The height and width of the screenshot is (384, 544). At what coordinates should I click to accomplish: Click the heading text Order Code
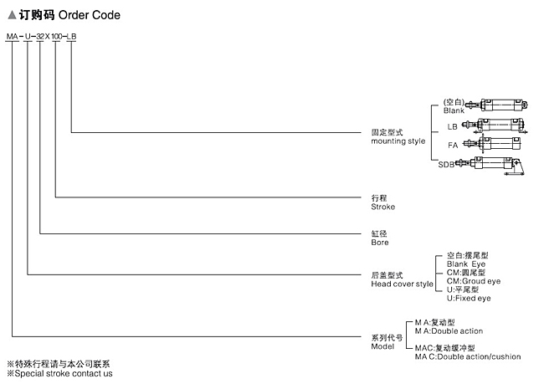pos(90,15)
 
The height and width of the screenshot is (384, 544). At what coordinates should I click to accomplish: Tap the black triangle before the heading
pos(12,15)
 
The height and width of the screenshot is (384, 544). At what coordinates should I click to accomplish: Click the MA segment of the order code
pos(13,37)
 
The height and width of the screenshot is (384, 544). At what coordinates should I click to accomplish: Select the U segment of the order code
pos(28,37)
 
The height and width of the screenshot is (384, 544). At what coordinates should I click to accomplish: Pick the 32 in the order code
pos(40,37)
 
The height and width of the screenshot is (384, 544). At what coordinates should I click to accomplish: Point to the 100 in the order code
pos(57,37)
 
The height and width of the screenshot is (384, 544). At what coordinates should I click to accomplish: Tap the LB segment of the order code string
pos(71,37)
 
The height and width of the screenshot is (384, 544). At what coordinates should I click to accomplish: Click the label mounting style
pos(398,141)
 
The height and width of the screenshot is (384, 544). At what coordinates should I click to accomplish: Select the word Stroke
pos(382,207)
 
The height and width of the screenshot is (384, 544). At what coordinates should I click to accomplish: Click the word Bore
pos(380,243)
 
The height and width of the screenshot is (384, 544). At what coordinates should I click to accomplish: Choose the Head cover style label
pos(402,284)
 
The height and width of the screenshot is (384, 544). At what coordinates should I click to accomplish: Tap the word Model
pos(382,346)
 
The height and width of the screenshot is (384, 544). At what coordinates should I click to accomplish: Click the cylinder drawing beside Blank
pos(496,105)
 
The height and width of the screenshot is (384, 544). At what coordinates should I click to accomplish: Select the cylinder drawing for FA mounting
pos(492,143)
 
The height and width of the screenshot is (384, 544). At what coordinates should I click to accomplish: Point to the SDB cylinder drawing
pos(490,166)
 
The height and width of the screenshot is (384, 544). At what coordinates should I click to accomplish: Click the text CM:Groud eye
pos(474,281)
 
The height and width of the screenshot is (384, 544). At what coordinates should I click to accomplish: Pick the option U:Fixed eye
pos(469,299)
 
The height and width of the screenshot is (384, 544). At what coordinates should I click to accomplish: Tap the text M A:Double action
pos(449,331)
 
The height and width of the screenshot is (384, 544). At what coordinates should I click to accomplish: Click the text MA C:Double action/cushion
pos(468,357)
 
